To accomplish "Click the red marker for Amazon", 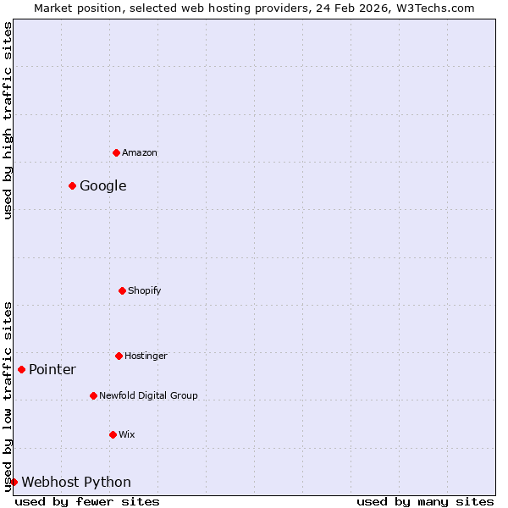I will pos(116,152).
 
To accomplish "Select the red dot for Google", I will pos(72,185).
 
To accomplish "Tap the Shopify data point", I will pos(122,290).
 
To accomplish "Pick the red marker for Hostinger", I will pos(119,356).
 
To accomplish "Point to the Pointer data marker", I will pos(21,369).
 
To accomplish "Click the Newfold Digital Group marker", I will pos(93,395).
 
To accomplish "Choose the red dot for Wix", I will pos(113,434).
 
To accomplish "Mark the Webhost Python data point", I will pos(14,482).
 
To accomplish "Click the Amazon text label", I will pos(140,153).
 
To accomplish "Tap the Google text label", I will pos(103,186).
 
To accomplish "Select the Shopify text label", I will pos(145,291).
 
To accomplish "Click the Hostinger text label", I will pos(146,356).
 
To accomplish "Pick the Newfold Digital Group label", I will pos(148,396).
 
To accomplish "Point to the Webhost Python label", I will pos(76,483).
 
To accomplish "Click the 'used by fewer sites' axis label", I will pos(87,502).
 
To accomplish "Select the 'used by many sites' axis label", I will pos(425,502).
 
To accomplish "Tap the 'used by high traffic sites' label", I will pos(8,120).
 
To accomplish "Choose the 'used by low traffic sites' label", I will pos(8,396).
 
